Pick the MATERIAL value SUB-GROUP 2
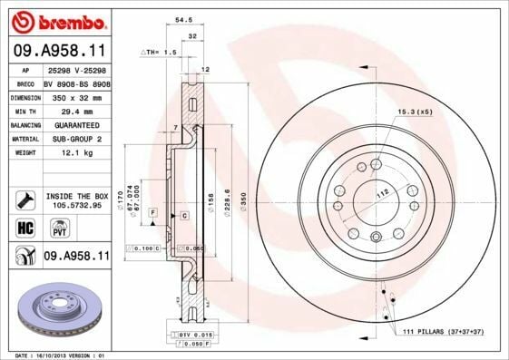(x=76, y=140)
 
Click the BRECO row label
(x=27, y=82)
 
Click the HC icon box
(x=24, y=227)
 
